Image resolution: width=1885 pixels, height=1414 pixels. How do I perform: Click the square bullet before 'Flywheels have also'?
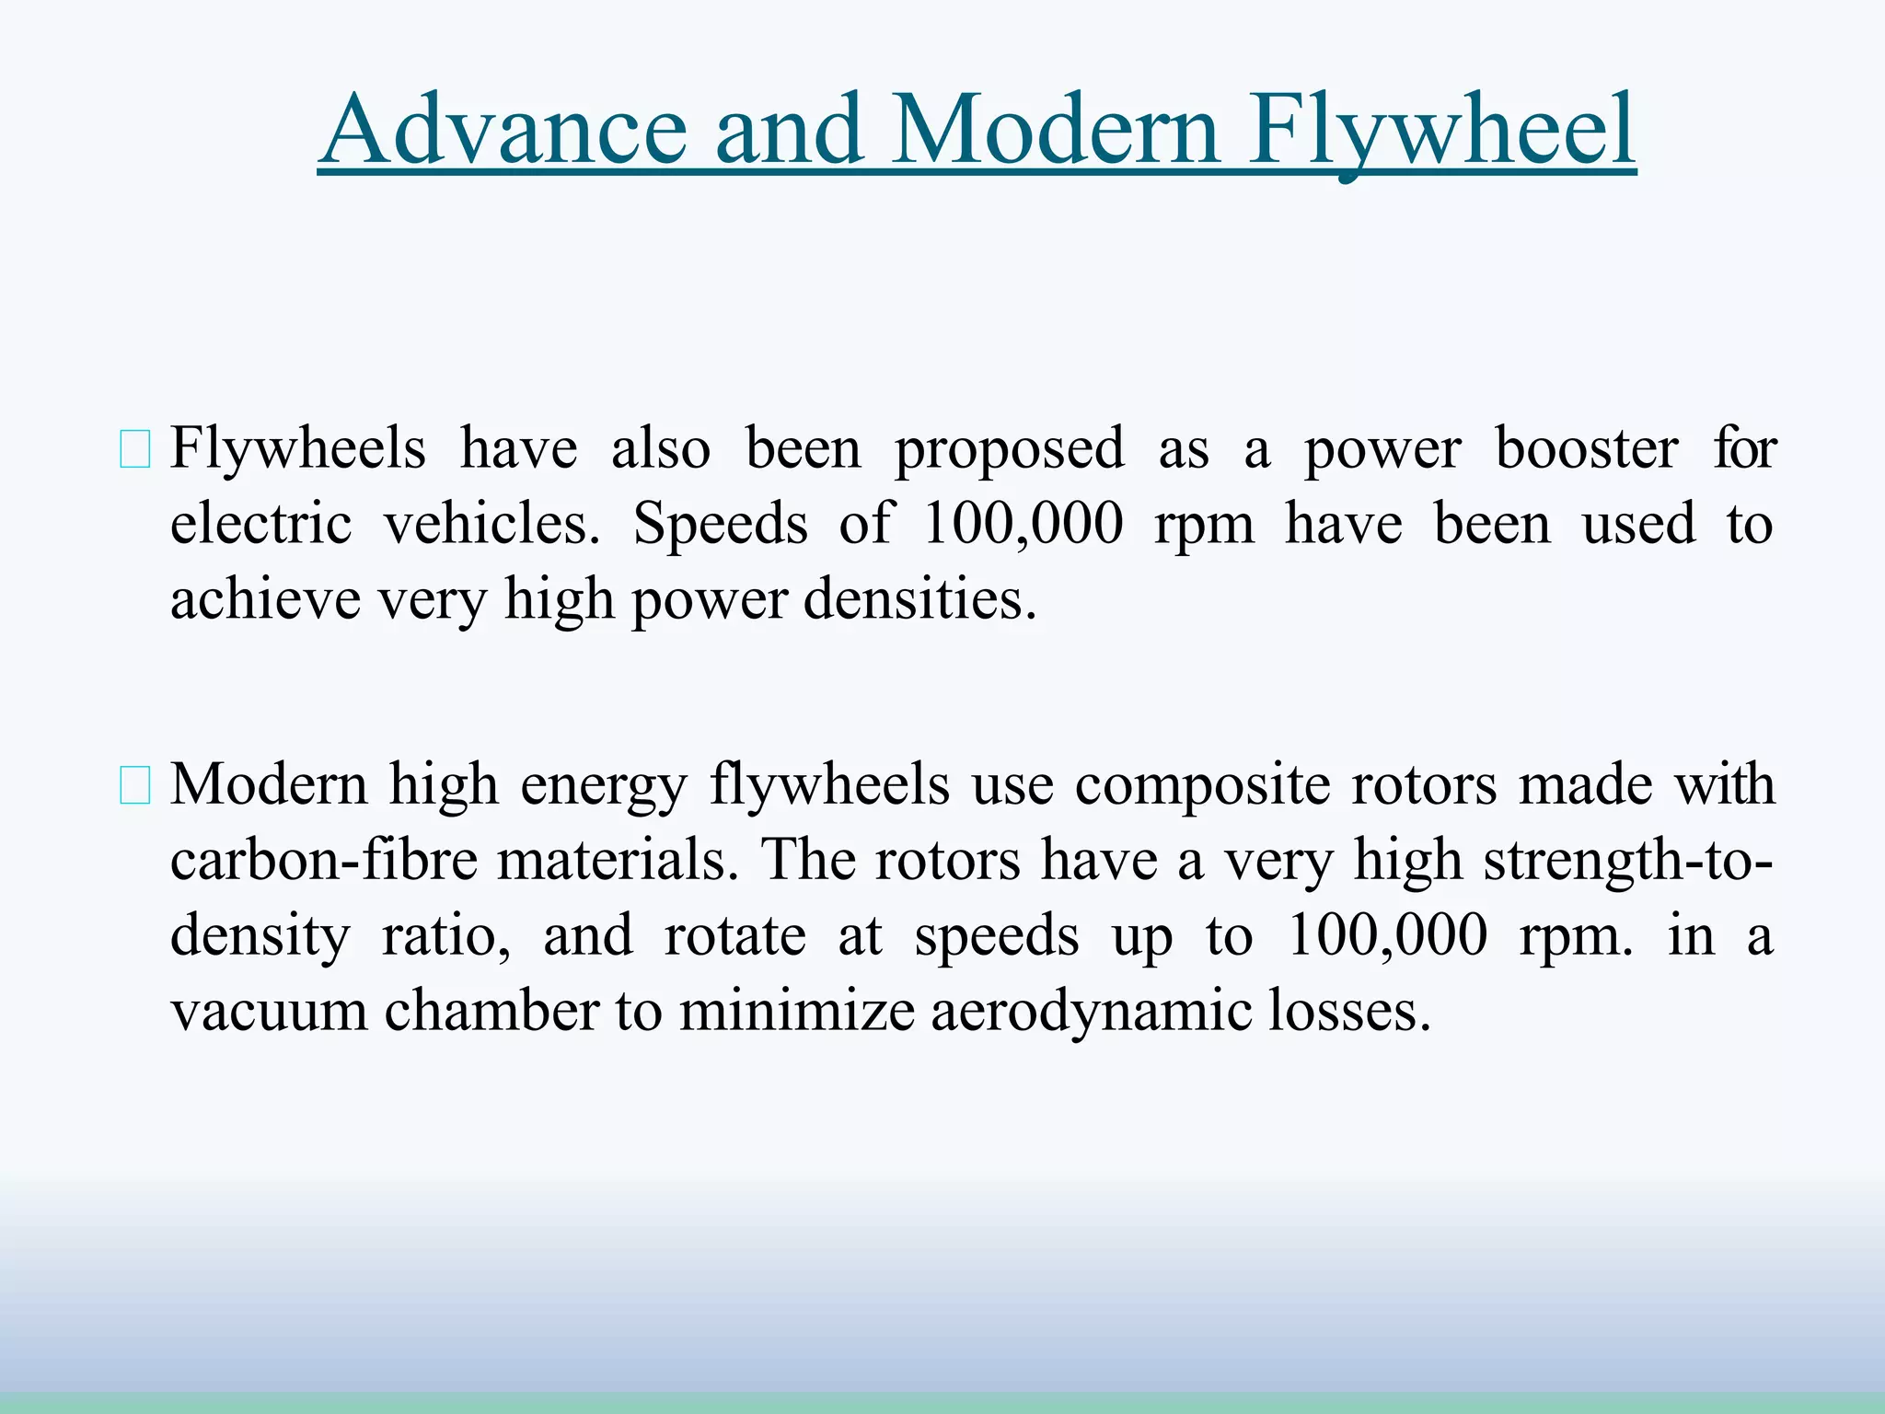[135, 452]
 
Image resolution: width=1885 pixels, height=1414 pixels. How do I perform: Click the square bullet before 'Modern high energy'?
[135, 788]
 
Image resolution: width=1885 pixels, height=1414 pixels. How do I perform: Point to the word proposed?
[1009, 451]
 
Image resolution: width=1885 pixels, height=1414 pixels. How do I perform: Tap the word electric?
[260, 525]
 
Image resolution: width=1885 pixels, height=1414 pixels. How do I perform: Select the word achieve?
[265, 600]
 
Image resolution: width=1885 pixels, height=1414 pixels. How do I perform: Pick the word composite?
[1202, 788]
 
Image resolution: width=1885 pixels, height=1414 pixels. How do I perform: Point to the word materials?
[618, 862]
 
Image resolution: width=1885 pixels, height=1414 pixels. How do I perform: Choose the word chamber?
[491, 1011]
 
